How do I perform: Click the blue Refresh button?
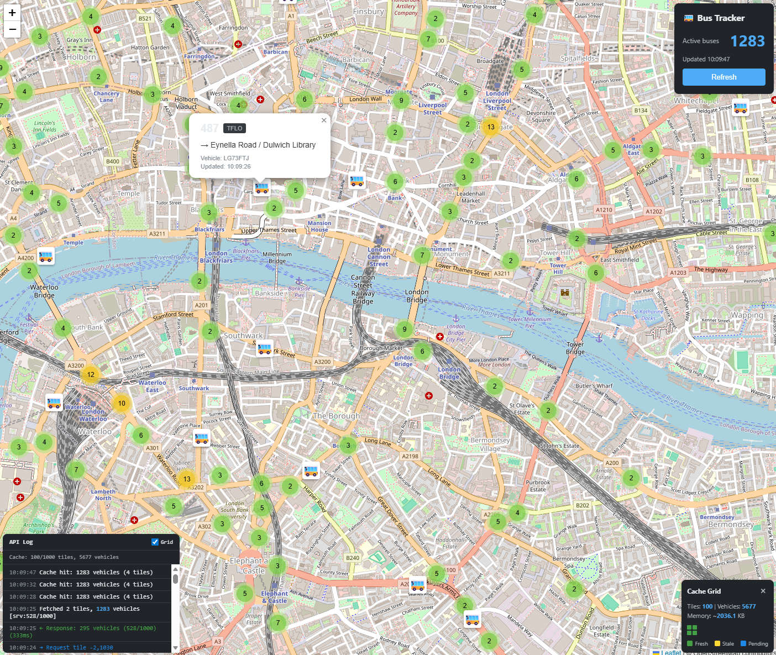coord(723,77)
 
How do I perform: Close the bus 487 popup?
coord(324,120)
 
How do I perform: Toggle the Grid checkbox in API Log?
coord(155,542)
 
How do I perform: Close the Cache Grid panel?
coord(763,591)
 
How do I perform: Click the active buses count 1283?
coord(747,41)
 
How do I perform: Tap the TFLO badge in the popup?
coord(234,128)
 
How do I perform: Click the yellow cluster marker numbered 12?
coord(91,375)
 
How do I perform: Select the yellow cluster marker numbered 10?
coord(122,404)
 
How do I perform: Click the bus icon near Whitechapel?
coord(741,108)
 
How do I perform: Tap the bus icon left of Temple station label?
coord(46,256)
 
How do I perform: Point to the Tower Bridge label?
coord(575,348)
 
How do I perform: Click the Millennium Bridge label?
coord(277,258)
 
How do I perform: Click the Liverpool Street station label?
coord(433,108)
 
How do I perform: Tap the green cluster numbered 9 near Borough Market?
coord(405,329)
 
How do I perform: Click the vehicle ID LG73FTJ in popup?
coord(236,158)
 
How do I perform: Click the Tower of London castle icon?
coord(565,292)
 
